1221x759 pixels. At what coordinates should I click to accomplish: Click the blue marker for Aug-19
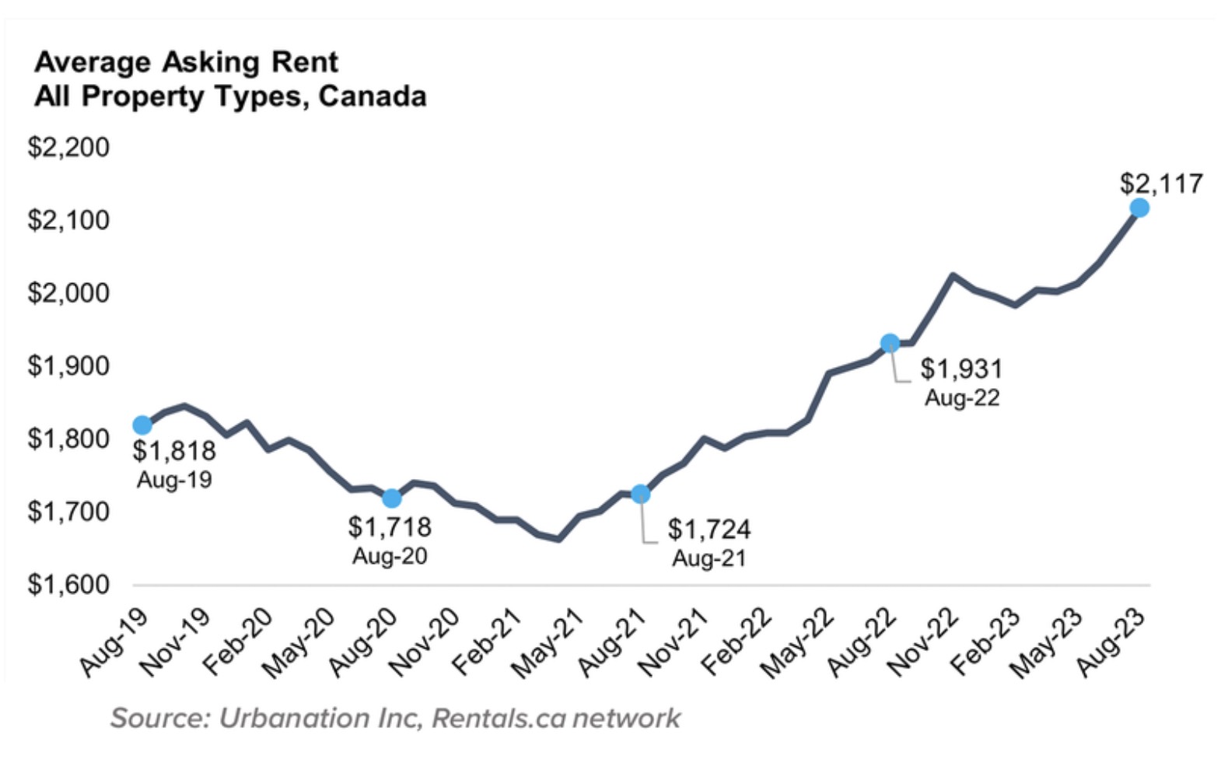(x=142, y=425)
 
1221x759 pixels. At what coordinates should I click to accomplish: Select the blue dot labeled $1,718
(x=392, y=498)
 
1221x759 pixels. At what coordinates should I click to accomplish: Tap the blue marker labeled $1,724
(x=640, y=494)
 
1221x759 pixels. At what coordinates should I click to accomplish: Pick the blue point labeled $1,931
(x=890, y=343)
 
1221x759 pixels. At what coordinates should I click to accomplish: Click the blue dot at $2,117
(x=1139, y=208)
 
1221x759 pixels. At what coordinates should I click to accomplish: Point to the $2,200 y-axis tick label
(x=68, y=147)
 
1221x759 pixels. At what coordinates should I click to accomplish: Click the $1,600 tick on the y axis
(x=68, y=584)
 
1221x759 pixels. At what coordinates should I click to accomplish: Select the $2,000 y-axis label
(x=68, y=293)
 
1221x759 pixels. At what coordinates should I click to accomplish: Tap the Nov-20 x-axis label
(x=425, y=641)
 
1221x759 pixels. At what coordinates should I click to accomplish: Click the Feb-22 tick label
(x=736, y=641)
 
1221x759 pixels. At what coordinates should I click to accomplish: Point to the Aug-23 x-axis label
(x=1111, y=641)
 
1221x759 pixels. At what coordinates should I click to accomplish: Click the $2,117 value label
(x=1161, y=184)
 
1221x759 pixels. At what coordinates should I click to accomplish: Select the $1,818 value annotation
(x=174, y=450)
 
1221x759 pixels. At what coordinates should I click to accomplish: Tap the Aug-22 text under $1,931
(x=962, y=398)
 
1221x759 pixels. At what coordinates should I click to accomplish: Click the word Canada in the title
(x=373, y=96)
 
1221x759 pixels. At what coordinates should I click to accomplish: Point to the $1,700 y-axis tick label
(x=68, y=512)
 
